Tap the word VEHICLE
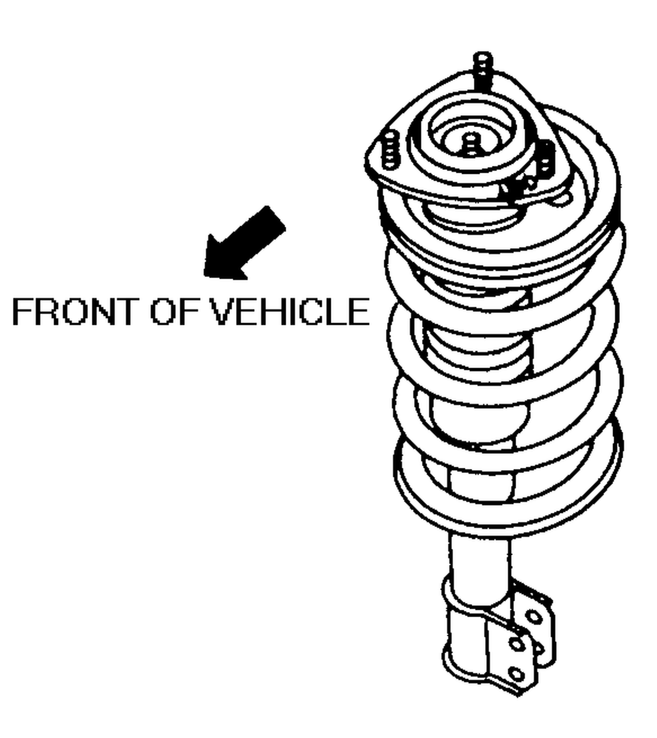pos(290,311)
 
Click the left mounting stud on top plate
pos(390,150)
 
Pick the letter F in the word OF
pos(189,311)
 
